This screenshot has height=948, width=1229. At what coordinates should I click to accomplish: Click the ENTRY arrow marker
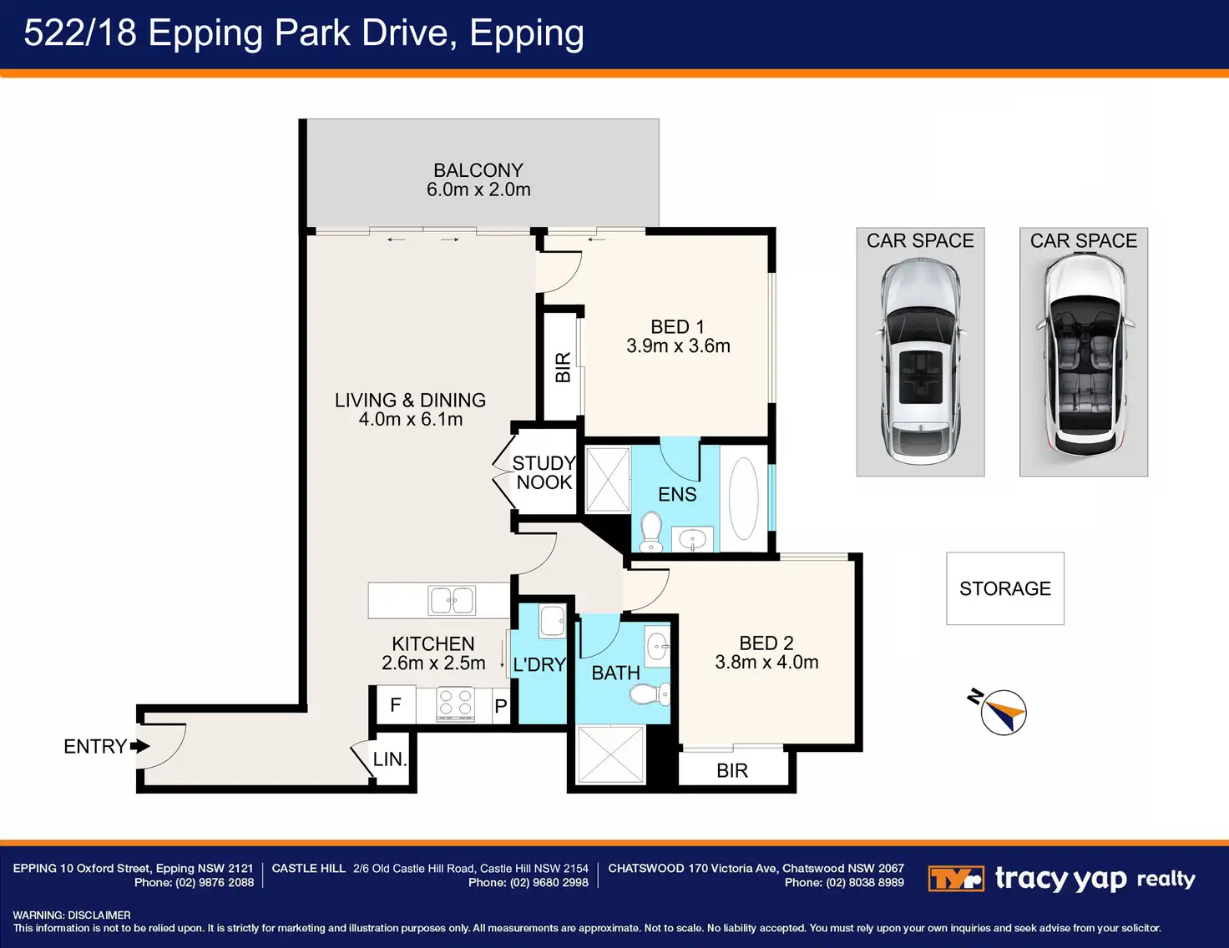coord(140,746)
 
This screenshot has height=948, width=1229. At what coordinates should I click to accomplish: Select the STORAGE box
coord(1005,588)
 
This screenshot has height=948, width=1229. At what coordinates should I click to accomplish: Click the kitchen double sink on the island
coord(452,600)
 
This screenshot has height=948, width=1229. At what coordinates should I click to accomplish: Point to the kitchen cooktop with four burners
coord(455,703)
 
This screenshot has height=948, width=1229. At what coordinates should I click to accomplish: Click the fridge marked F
coord(396,704)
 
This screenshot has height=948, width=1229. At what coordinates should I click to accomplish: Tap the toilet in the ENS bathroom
coord(651,531)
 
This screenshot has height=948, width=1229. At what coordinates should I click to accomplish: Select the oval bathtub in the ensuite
coord(743,499)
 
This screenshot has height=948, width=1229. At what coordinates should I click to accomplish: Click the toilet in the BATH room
coord(650,693)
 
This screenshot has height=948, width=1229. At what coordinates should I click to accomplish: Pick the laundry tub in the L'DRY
coord(552,621)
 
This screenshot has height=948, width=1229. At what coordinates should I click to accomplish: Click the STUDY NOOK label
coord(544,472)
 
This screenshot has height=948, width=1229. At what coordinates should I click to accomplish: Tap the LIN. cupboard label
coord(390,759)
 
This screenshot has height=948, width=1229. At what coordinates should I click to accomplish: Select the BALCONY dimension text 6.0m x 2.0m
coord(478,189)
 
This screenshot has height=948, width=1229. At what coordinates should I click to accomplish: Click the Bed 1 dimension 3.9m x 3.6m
coord(678,345)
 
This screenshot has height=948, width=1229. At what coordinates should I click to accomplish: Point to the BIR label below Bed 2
coord(732,770)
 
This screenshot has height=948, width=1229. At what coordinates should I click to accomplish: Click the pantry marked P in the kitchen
coord(501,706)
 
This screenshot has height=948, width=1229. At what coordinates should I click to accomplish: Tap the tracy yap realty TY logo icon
coord(956,879)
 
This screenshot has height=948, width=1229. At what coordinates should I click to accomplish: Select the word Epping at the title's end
coord(527,33)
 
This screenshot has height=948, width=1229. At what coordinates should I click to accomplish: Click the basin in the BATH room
coord(657,646)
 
